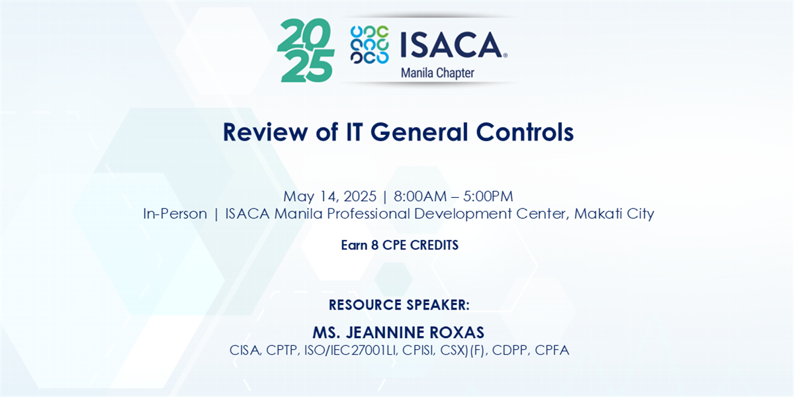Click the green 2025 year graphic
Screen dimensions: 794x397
(x=306, y=50)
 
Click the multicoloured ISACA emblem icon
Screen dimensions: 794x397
(x=369, y=45)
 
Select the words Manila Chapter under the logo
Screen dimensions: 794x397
(x=437, y=73)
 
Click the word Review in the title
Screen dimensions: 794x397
(x=265, y=132)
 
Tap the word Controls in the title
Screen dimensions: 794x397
(x=525, y=132)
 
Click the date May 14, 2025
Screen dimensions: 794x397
(x=330, y=197)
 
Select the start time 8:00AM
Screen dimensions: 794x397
(x=420, y=197)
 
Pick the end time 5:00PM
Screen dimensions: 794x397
(x=488, y=197)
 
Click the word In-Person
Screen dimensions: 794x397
(x=175, y=214)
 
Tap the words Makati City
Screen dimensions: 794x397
(x=614, y=214)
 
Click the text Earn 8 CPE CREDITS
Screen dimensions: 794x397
(x=400, y=245)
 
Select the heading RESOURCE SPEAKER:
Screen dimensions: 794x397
(x=399, y=305)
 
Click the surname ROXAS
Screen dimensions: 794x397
(x=457, y=332)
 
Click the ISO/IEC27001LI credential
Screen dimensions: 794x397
(x=350, y=350)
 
